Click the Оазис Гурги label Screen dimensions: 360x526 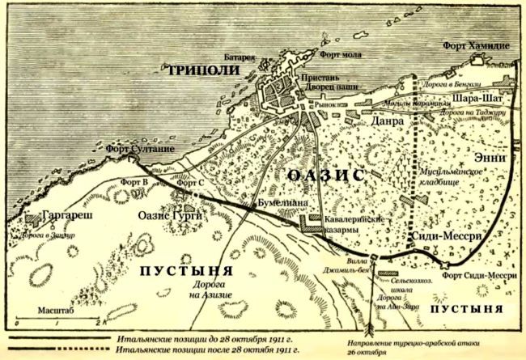[x=171, y=216]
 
